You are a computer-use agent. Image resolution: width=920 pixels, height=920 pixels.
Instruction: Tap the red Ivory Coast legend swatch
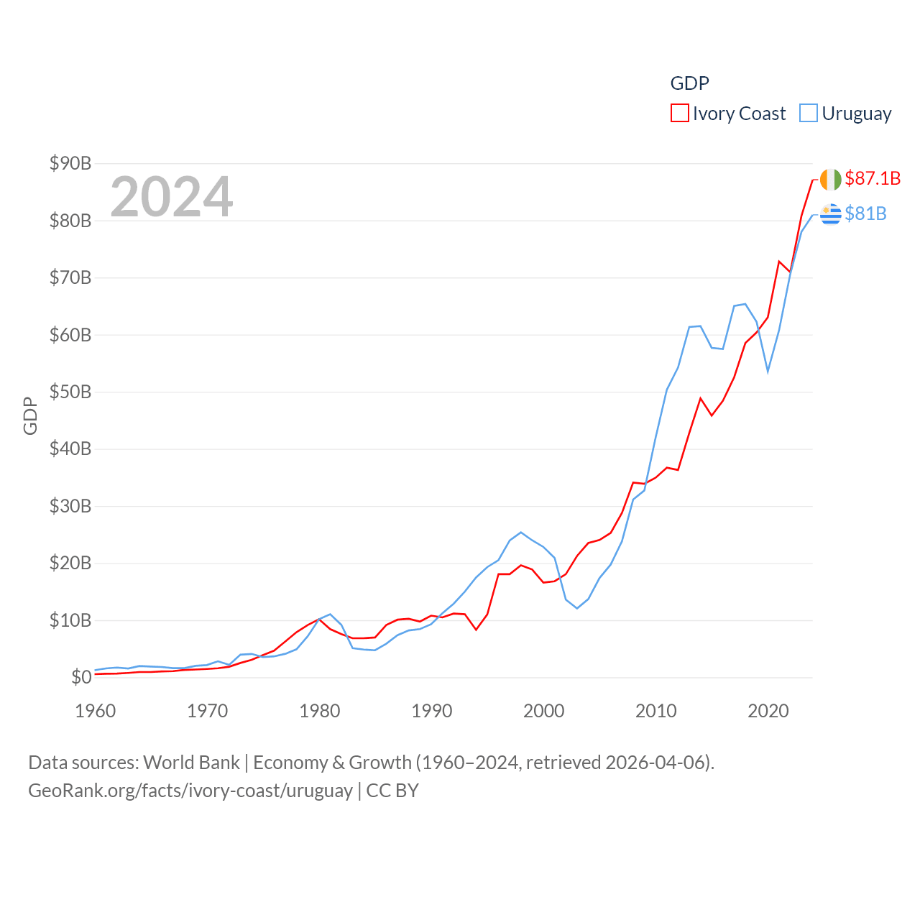679,114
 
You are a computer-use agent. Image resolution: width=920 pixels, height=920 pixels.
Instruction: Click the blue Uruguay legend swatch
809,114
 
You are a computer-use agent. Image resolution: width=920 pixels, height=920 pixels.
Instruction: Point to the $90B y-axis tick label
70,163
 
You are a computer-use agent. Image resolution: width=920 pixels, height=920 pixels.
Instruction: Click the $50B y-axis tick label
70,392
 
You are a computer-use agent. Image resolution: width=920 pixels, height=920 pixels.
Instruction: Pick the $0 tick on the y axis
81,677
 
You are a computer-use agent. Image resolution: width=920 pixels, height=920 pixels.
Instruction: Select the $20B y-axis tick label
70,563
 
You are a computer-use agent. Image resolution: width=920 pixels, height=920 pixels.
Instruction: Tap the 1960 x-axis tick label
96,711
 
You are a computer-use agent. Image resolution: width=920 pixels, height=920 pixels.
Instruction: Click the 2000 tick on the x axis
544,711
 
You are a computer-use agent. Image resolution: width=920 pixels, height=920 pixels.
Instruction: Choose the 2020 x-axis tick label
768,711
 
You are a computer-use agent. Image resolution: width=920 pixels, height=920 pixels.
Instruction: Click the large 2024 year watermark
172,196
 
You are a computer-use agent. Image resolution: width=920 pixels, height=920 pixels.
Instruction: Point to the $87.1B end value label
873,178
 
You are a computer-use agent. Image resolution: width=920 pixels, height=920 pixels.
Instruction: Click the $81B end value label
865,213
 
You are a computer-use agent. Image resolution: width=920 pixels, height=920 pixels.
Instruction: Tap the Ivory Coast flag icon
830,180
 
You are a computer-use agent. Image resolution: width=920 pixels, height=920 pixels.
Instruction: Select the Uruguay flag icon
830,214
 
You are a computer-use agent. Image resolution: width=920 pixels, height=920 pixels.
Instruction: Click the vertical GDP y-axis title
30,415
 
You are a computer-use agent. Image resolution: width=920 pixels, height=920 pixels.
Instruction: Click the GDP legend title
689,83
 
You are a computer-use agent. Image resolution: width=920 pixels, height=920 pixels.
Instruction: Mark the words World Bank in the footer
192,762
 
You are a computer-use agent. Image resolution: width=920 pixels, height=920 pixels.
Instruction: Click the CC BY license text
392,791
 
